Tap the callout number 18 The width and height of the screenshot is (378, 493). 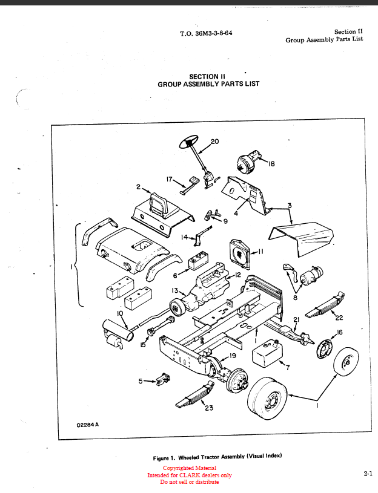[271, 163]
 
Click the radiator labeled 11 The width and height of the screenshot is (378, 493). [242, 254]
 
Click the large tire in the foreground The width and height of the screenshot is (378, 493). [267, 399]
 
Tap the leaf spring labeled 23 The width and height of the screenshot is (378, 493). [195, 394]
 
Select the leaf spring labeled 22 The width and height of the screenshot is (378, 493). [325, 305]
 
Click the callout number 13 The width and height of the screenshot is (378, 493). [174, 291]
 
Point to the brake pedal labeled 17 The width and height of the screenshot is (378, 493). [190, 185]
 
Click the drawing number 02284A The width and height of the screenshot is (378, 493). [87, 425]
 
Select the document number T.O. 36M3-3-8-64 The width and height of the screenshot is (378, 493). [206, 33]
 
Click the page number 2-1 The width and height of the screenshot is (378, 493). [368, 474]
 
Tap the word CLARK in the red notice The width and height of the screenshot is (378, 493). [190, 475]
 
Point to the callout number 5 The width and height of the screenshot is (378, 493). [141, 381]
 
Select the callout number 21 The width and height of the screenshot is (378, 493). [296, 319]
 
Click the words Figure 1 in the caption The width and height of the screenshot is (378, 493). [164, 458]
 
